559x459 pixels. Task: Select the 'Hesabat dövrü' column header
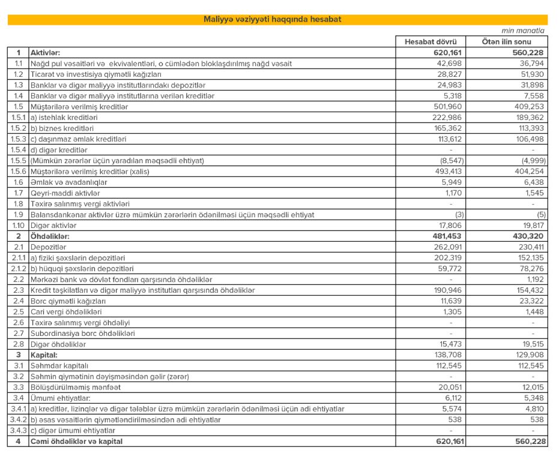tap(431, 42)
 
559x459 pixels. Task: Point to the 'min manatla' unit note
tap(523, 31)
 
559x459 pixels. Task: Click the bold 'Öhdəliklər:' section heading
tap(51, 236)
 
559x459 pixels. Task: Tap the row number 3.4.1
tap(17, 409)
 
